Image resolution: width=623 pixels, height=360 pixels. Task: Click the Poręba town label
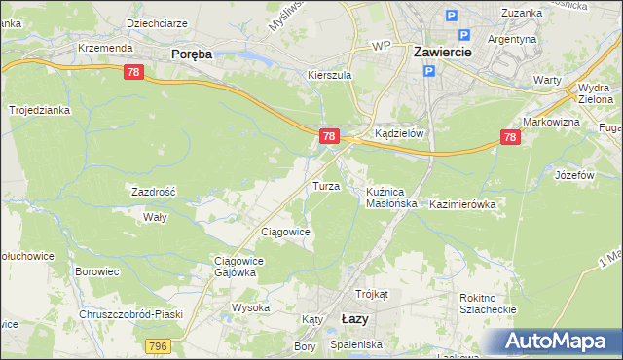191,54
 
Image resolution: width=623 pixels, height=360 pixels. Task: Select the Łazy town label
355,318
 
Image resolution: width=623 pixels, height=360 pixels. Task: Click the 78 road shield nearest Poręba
134,72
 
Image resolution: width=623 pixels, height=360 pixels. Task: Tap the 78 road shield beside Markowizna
509,139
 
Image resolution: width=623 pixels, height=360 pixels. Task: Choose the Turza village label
325,185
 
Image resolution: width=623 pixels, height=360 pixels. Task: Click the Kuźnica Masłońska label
391,198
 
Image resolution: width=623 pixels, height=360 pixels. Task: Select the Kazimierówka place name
462,204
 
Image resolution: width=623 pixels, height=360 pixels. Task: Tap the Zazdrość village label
154,192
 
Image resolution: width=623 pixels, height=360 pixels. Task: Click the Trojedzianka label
40,110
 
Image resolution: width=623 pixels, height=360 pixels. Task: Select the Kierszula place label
328,74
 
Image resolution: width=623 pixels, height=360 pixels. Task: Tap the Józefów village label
573,175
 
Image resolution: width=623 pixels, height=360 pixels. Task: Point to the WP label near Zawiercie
381,46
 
